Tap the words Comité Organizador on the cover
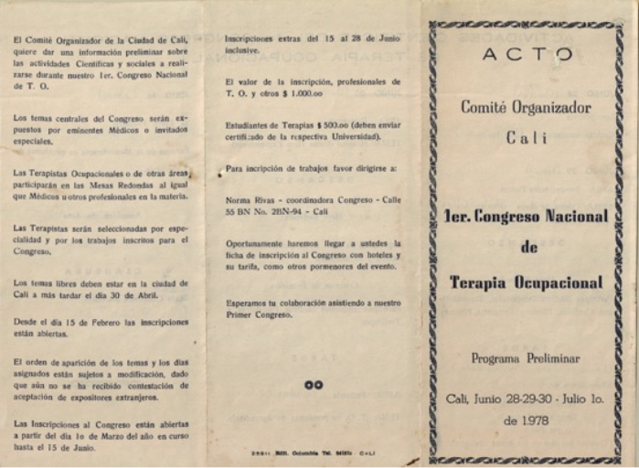[525, 107]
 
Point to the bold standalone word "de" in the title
[528, 249]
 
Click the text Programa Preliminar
[526, 358]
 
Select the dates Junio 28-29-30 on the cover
[495, 399]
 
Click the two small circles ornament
[314, 385]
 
